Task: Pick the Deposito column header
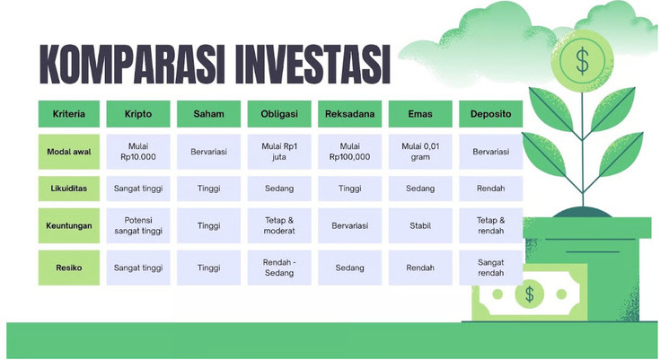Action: (x=490, y=114)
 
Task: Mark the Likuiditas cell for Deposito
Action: (x=490, y=189)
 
